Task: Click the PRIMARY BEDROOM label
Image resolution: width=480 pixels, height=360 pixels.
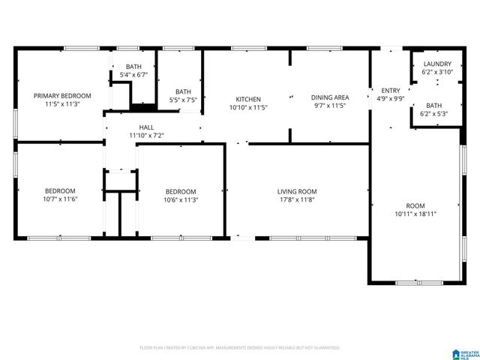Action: [62, 96]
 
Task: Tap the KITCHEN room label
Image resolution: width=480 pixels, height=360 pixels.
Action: [248, 100]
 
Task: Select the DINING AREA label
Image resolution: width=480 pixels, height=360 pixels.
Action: [330, 97]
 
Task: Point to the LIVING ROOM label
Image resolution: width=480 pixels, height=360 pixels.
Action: [297, 191]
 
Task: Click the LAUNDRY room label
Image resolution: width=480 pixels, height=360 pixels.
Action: [436, 64]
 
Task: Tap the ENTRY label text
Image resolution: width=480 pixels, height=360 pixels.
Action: [391, 90]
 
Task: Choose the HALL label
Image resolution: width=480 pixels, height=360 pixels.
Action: [146, 127]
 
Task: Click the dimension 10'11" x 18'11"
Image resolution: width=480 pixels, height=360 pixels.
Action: [415, 214]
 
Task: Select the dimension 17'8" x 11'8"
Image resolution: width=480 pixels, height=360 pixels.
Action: [297, 199]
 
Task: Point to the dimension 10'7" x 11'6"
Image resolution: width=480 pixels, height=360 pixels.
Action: [60, 199]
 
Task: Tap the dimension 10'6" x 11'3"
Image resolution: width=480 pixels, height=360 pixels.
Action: [181, 199]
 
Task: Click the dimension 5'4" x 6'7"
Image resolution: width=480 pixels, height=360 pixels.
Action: [133, 75]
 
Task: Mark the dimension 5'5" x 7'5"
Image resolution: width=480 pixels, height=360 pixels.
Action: [183, 100]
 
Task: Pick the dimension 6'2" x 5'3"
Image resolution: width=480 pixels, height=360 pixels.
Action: [434, 114]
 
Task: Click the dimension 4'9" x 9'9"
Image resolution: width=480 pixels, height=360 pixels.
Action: [391, 98]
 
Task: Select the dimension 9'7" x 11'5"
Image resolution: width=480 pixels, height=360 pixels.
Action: [330, 106]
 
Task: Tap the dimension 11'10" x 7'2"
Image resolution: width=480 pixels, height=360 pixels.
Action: [146, 136]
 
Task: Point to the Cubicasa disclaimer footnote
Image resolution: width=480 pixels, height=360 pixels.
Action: [240, 348]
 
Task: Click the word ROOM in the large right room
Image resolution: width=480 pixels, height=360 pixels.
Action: [415, 205]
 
